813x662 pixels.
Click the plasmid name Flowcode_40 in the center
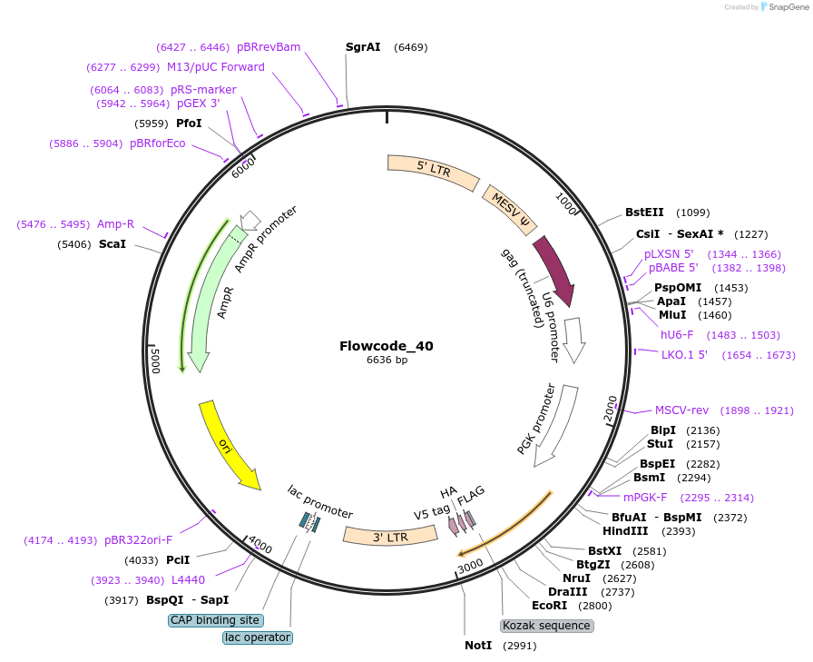(387, 346)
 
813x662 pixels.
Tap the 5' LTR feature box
(434, 169)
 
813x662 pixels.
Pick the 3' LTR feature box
(390, 536)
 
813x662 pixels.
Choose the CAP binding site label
(216, 620)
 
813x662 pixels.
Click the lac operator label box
(258, 637)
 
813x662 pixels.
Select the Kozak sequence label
(546, 626)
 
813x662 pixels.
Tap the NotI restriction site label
(478, 645)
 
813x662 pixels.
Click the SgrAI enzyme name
(363, 46)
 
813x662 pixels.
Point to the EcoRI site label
(549, 606)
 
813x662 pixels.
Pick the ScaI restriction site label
(113, 244)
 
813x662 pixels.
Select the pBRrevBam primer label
(269, 47)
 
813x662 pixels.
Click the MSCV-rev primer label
(681, 410)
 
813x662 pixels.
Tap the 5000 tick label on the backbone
(155, 360)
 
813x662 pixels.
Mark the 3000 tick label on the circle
(470, 566)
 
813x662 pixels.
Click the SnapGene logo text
(789, 6)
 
